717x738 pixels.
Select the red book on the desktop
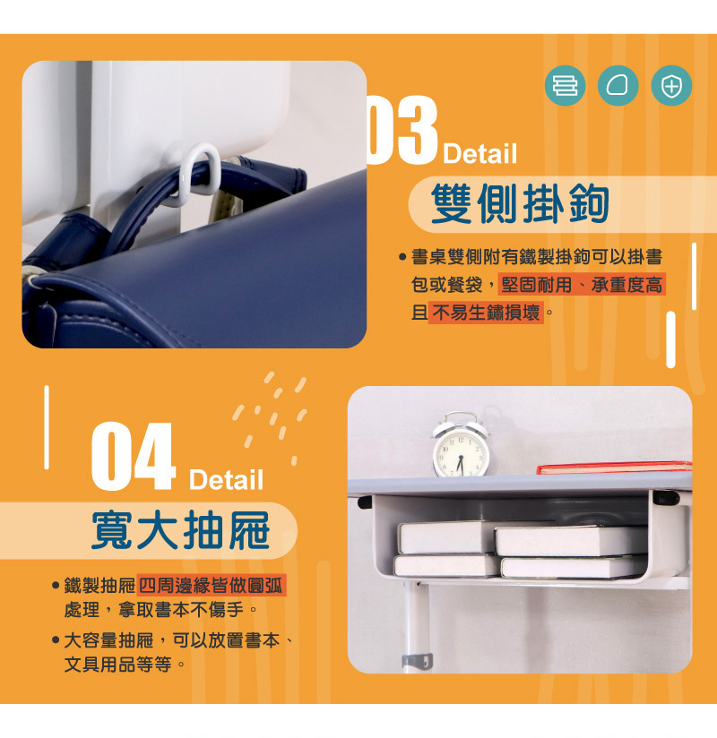pos(614,468)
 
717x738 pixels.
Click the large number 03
pos(402,130)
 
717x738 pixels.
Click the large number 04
pos(134,456)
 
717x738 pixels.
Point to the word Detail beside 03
pos(480,153)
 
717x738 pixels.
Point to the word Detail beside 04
pos(226,479)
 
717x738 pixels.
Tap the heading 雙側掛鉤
pos(520,204)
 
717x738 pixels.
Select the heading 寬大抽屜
pos(181,530)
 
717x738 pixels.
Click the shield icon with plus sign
pos(671,86)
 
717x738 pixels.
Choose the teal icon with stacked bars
pos(566,86)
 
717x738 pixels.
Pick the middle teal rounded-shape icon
pos(618,86)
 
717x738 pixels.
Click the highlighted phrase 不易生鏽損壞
pos(486,312)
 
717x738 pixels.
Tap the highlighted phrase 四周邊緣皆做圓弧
pos(211,585)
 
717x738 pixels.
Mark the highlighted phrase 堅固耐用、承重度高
pos(582,285)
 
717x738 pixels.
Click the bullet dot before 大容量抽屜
pos(56,640)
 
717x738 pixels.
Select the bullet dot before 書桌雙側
pos(402,257)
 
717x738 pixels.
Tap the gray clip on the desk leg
pos(418,660)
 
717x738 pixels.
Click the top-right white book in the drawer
pos(571,541)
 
